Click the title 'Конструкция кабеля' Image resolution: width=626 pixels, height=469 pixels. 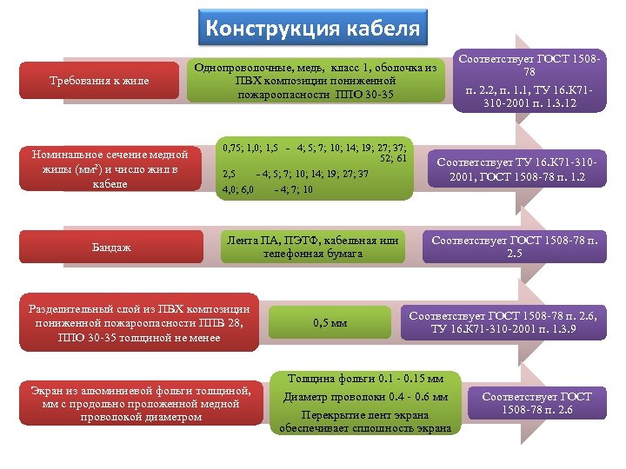click(x=312, y=28)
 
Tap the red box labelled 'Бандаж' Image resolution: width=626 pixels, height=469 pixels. click(x=111, y=248)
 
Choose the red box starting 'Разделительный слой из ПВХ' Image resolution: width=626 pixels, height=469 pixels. click(x=140, y=323)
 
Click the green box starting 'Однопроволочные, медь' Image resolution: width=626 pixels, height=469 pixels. click(x=315, y=80)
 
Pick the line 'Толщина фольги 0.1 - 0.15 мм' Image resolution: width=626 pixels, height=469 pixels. click(x=365, y=379)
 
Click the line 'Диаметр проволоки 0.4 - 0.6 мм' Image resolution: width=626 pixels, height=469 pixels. click(x=365, y=397)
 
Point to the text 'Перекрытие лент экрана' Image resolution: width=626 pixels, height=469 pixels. click(x=365, y=413)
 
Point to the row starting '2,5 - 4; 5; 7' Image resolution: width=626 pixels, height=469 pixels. click(x=296, y=174)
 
